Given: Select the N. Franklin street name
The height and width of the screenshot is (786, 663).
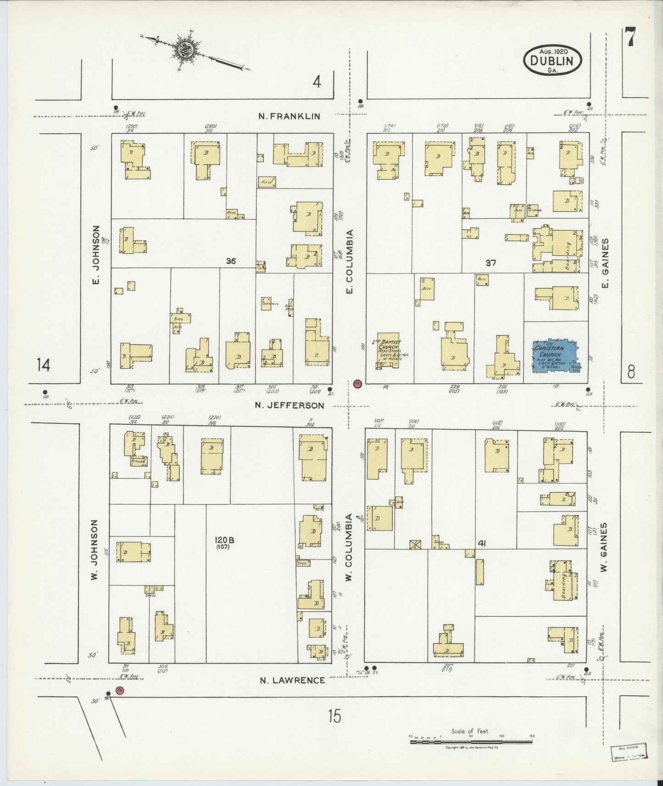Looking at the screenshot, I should coord(289,116).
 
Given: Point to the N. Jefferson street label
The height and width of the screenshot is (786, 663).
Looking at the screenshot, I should coord(289,405).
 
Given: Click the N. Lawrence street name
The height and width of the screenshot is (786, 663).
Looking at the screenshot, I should coord(292,680).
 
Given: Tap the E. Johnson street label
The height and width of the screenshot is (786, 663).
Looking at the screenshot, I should coord(96,254).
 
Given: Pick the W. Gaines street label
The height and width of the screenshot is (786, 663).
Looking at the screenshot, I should coord(604,547).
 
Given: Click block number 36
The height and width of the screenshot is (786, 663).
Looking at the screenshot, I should coord(231,261).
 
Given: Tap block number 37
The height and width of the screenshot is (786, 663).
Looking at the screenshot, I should coord(491,263).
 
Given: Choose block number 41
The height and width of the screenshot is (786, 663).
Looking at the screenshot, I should coord(482,543).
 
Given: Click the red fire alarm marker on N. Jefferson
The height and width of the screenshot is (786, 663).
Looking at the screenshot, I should coord(357,383).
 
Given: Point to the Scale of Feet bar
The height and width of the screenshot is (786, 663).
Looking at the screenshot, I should coord(471,739).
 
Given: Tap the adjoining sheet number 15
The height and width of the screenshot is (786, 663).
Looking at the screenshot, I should coord(334,715).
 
